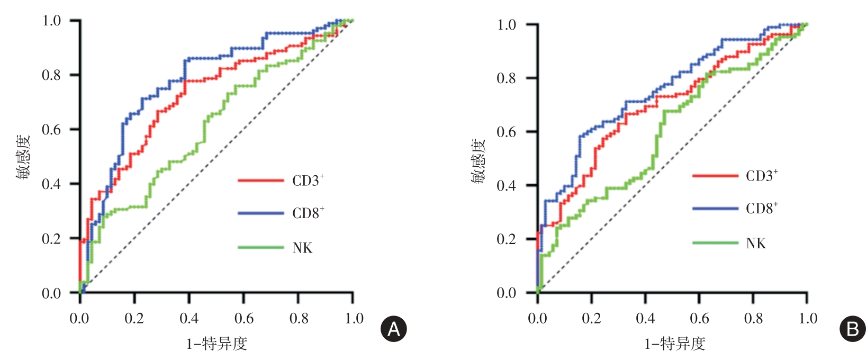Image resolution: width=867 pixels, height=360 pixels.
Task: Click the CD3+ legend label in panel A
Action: [308, 181]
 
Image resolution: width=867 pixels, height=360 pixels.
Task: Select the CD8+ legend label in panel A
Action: [308, 213]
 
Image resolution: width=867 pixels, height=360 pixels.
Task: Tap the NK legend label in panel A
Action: [302, 248]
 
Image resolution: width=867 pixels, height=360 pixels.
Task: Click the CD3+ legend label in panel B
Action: [762, 176]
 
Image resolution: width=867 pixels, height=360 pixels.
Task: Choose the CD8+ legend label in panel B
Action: [762, 208]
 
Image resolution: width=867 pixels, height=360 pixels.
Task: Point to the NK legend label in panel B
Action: [756, 243]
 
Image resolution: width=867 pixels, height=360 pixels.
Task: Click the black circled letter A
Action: [394, 329]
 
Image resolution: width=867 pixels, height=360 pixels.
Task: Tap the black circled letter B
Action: [853, 329]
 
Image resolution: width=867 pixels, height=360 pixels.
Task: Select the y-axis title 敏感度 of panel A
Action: [23, 157]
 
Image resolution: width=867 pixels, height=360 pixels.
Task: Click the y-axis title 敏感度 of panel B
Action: [478, 161]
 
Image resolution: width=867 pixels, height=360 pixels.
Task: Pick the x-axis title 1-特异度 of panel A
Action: [216, 344]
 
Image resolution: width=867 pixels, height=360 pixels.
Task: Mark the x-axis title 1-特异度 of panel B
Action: [674, 344]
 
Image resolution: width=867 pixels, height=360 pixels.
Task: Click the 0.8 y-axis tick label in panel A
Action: [51, 75]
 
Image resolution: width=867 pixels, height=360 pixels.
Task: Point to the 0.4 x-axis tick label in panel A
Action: [189, 318]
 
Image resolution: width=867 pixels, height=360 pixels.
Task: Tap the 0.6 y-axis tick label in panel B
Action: [507, 132]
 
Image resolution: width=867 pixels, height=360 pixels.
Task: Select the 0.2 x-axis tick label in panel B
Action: [591, 318]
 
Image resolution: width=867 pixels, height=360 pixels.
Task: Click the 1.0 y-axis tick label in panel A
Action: [51, 21]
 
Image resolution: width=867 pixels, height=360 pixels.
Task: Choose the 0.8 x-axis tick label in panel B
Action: [753, 318]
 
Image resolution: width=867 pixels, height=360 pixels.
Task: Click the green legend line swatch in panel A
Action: [260, 247]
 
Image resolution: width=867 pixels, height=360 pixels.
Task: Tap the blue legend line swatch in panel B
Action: [715, 209]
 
